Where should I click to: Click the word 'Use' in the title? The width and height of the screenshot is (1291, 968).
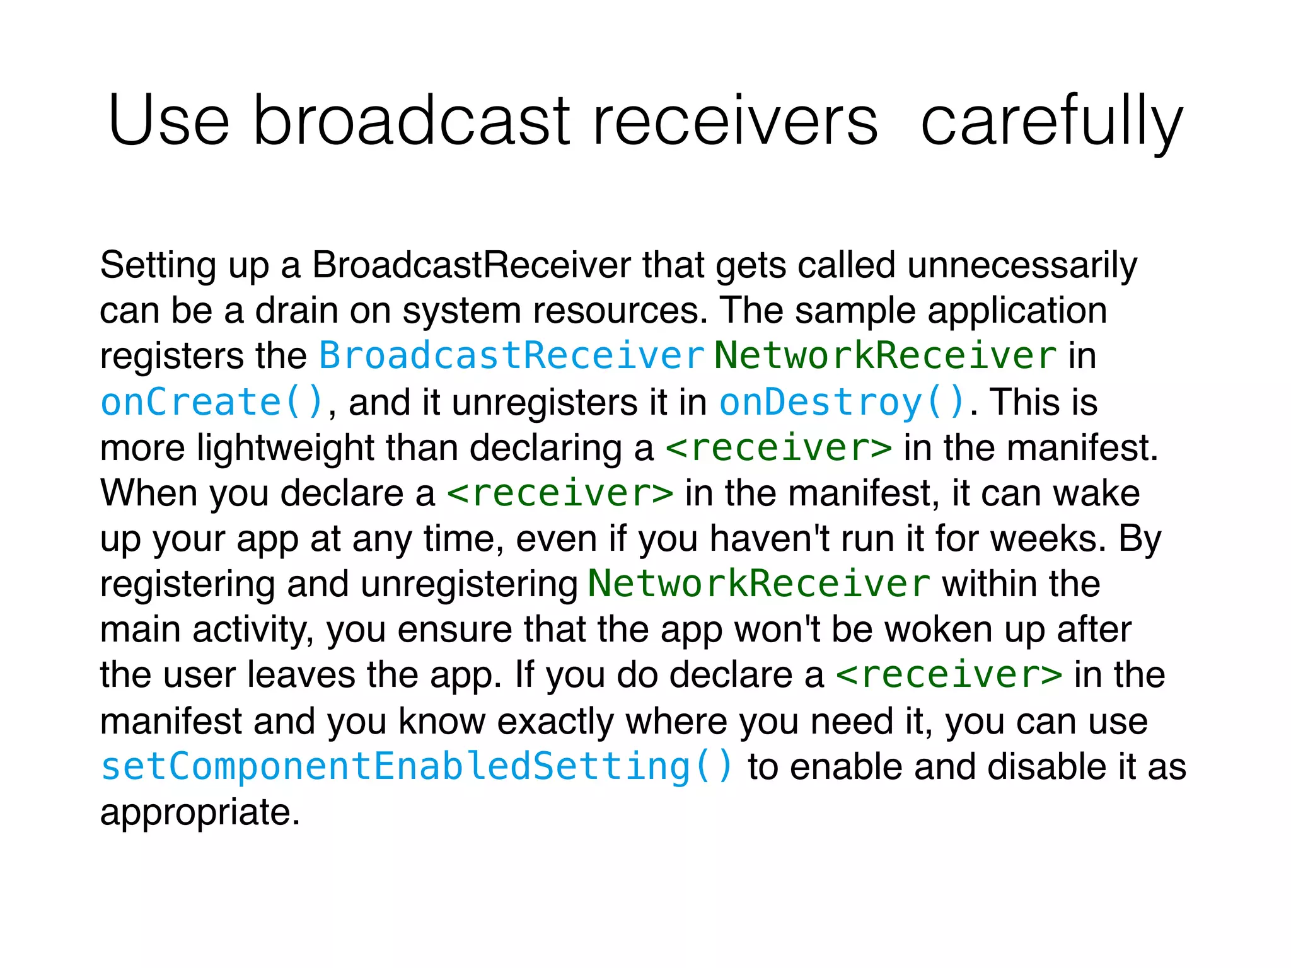click(x=169, y=120)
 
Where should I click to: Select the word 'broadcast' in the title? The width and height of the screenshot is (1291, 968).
click(x=411, y=120)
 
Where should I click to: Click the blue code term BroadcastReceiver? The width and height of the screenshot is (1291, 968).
click(x=511, y=355)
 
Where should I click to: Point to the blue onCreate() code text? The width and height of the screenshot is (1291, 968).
click(x=212, y=402)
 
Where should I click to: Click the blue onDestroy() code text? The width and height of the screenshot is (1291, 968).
click(x=842, y=402)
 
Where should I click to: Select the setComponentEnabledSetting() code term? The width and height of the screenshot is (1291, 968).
click(x=417, y=766)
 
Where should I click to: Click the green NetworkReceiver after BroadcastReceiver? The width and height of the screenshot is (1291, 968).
click(x=885, y=355)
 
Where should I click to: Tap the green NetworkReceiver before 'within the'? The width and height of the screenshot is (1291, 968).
click(x=759, y=584)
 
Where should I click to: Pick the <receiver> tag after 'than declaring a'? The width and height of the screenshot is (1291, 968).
click(x=779, y=448)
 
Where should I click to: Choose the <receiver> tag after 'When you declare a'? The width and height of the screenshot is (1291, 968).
click(x=560, y=493)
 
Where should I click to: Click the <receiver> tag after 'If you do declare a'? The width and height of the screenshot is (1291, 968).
click(x=949, y=675)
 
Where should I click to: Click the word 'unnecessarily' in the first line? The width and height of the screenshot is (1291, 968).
click(x=1022, y=265)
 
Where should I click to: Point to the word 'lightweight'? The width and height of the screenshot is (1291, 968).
click(x=285, y=448)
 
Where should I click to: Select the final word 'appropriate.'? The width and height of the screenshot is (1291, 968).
click(x=200, y=813)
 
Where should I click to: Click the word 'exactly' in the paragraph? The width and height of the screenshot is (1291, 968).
click(x=555, y=722)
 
